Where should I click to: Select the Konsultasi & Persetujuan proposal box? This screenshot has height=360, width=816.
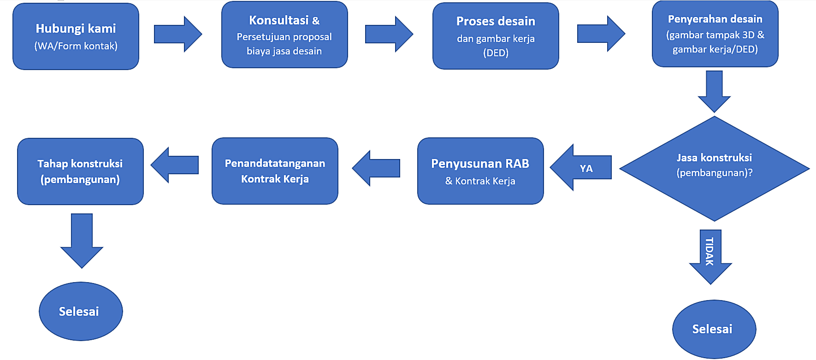point(284,35)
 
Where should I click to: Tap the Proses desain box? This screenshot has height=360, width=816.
point(496,36)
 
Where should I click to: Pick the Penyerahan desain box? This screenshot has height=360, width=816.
point(715,34)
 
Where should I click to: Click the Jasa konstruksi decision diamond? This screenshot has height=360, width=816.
point(714,169)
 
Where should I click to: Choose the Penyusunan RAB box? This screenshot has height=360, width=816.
point(480,171)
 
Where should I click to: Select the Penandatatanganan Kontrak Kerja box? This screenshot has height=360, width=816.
point(275,171)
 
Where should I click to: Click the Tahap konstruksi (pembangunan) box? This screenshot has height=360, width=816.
point(80,171)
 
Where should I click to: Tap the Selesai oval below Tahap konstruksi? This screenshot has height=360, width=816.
point(81,312)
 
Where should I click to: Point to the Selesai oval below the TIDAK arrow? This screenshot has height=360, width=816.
point(714,329)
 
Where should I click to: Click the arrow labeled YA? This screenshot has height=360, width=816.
point(581,168)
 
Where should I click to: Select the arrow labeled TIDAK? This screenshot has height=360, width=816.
point(710,256)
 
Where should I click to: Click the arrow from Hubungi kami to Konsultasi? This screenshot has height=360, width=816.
point(177,34)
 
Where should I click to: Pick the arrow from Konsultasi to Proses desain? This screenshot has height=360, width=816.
point(389,34)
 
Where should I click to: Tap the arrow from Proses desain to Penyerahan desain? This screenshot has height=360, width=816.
point(601,34)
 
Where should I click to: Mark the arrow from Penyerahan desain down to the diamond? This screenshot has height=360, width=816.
point(714,91)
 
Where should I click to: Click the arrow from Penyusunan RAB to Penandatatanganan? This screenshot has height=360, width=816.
point(376,168)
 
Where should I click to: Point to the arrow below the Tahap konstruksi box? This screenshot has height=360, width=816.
point(82,240)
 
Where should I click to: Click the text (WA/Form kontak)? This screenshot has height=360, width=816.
point(76,46)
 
